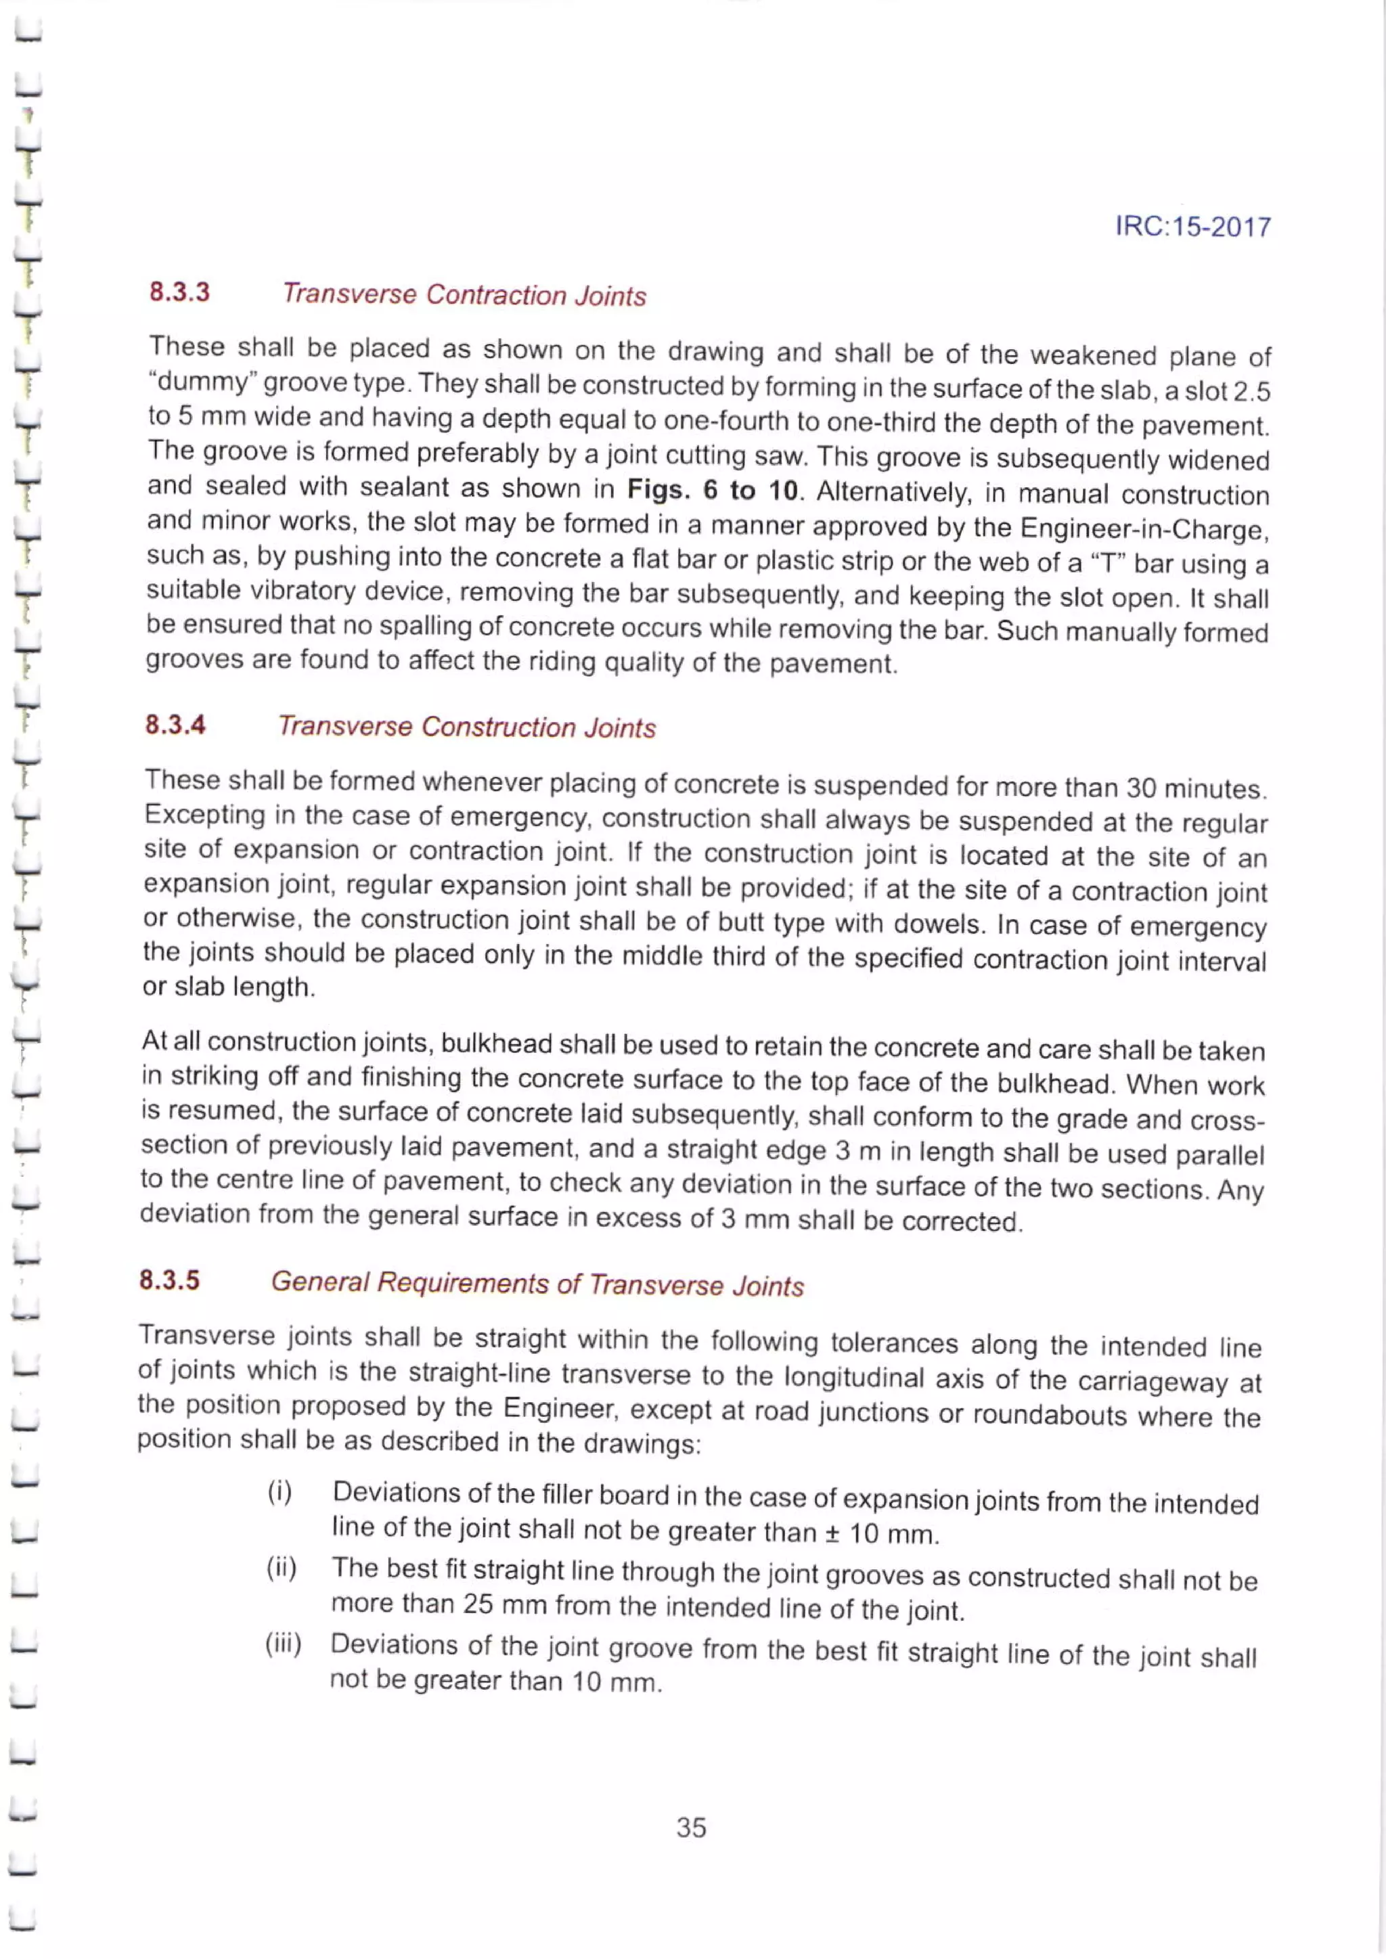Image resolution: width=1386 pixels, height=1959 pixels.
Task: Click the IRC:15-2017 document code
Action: tap(1192, 227)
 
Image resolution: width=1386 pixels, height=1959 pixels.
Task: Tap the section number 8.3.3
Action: tap(179, 292)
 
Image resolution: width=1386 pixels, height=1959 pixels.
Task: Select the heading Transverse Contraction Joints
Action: tap(464, 295)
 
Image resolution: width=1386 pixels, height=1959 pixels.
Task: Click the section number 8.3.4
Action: tap(175, 725)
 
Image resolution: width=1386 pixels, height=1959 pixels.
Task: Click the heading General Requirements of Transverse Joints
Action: tap(537, 1284)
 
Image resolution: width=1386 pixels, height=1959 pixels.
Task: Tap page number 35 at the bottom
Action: tap(690, 1827)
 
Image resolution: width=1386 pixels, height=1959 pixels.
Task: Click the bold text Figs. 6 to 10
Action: tap(713, 491)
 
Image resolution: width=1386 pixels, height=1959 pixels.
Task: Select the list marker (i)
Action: tap(280, 1492)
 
